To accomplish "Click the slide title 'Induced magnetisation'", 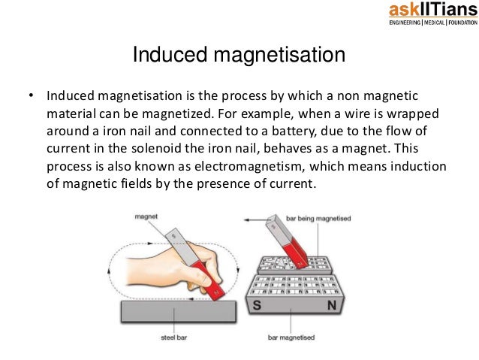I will pos(239,56).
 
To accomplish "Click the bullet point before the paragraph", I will pos(31,97).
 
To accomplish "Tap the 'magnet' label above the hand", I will pos(146,216).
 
